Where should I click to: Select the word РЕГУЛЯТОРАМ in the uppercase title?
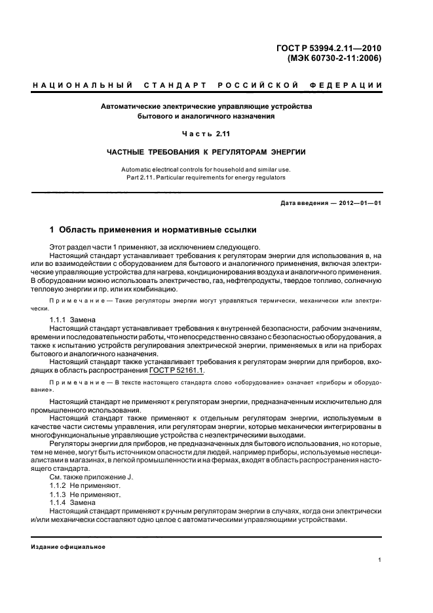[x=229, y=152]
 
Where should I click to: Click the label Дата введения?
[x=304, y=203]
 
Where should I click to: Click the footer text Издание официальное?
[x=68, y=547]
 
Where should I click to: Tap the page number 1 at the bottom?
[x=380, y=560]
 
